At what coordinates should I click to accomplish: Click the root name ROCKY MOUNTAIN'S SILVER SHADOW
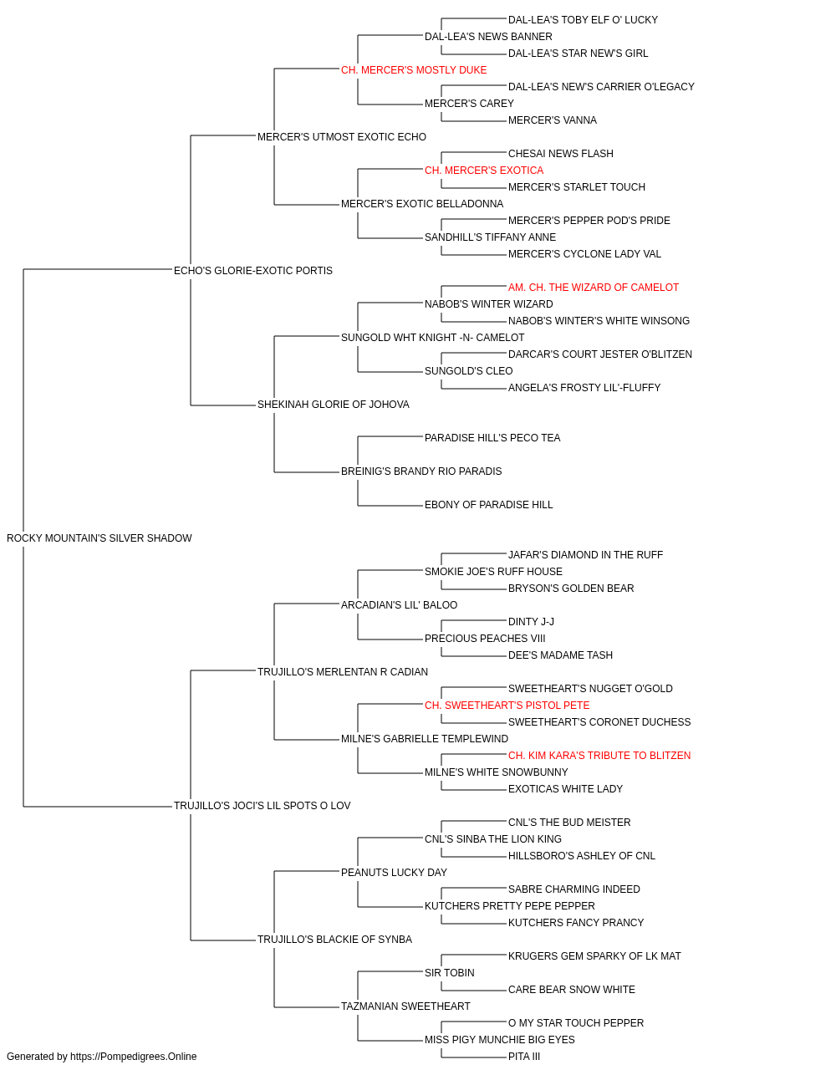click(x=99, y=538)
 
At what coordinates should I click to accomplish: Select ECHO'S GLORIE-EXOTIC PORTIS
click(x=253, y=270)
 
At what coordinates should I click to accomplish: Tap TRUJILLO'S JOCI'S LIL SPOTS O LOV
click(x=262, y=806)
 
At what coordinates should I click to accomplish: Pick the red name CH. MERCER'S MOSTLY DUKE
click(x=414, y=70)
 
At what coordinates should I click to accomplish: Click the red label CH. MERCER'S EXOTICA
click(x=484, y=171)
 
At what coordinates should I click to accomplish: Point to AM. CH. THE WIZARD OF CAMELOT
click(x=594, y=287)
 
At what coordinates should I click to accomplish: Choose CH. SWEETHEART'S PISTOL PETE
click(x=507, y=706)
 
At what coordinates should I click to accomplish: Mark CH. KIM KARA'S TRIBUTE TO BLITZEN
click(x=599, y=756)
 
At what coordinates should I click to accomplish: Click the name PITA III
click(x=524, y=1057)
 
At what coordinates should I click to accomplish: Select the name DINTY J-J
click(x=531, y=621)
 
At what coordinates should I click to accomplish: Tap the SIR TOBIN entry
click(x=450, y=972)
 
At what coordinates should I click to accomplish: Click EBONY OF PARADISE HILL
click(x=488, y=505)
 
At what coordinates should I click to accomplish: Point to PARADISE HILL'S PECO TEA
click(x=492, y=438)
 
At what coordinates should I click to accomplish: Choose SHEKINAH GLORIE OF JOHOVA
click(x=334, y=405)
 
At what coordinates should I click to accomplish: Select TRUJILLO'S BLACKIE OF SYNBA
click(x=334, y=939)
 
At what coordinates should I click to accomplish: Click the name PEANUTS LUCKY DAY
click(x=394, y=872)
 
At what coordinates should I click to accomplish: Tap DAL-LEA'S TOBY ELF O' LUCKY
click(x=583, y=20)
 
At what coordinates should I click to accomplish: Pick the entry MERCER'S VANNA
click(x=553, y=120)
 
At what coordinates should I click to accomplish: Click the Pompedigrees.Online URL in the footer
click(x=133, y=1057)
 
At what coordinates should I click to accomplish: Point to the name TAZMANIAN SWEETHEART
click(x=405, y=1006)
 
